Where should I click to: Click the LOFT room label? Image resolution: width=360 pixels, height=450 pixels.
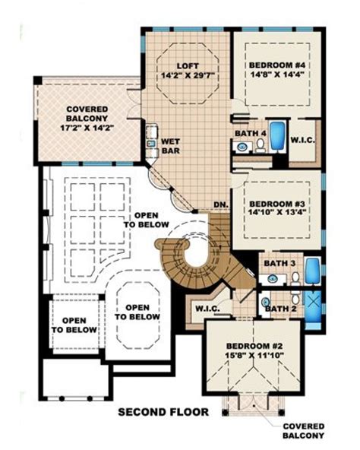pos(188,66)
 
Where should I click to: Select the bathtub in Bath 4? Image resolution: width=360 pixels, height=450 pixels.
pos(277,136)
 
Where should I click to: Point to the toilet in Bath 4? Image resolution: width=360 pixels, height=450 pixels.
pos(261,145)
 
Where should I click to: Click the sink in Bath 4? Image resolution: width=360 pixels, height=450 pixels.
pos(243,147)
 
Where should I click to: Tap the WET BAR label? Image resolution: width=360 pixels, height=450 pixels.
pos(171,146)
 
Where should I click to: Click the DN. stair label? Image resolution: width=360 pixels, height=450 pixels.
pos(221,205)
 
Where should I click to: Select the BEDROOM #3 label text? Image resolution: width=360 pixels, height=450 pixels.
pos(276,204)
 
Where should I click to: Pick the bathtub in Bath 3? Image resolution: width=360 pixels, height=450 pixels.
pos(312,271)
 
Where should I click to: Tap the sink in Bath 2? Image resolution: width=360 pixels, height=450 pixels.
pos(266,302)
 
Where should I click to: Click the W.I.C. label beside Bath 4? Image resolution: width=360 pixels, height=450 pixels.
pos(303,141)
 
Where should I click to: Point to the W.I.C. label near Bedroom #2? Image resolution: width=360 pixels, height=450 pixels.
pos(207,309)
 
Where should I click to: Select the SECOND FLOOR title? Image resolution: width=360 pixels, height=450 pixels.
pos(163,412)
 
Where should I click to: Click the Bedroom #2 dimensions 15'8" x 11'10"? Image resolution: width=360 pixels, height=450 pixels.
pos(254,355)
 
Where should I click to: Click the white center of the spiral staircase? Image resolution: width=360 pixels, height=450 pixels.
pos(196,255)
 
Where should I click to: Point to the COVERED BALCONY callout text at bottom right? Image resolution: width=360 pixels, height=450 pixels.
pos(304,431)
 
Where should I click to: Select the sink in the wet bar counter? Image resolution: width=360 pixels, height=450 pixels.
pos(151,143)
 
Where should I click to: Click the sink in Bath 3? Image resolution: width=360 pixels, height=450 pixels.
pos(272,278)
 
